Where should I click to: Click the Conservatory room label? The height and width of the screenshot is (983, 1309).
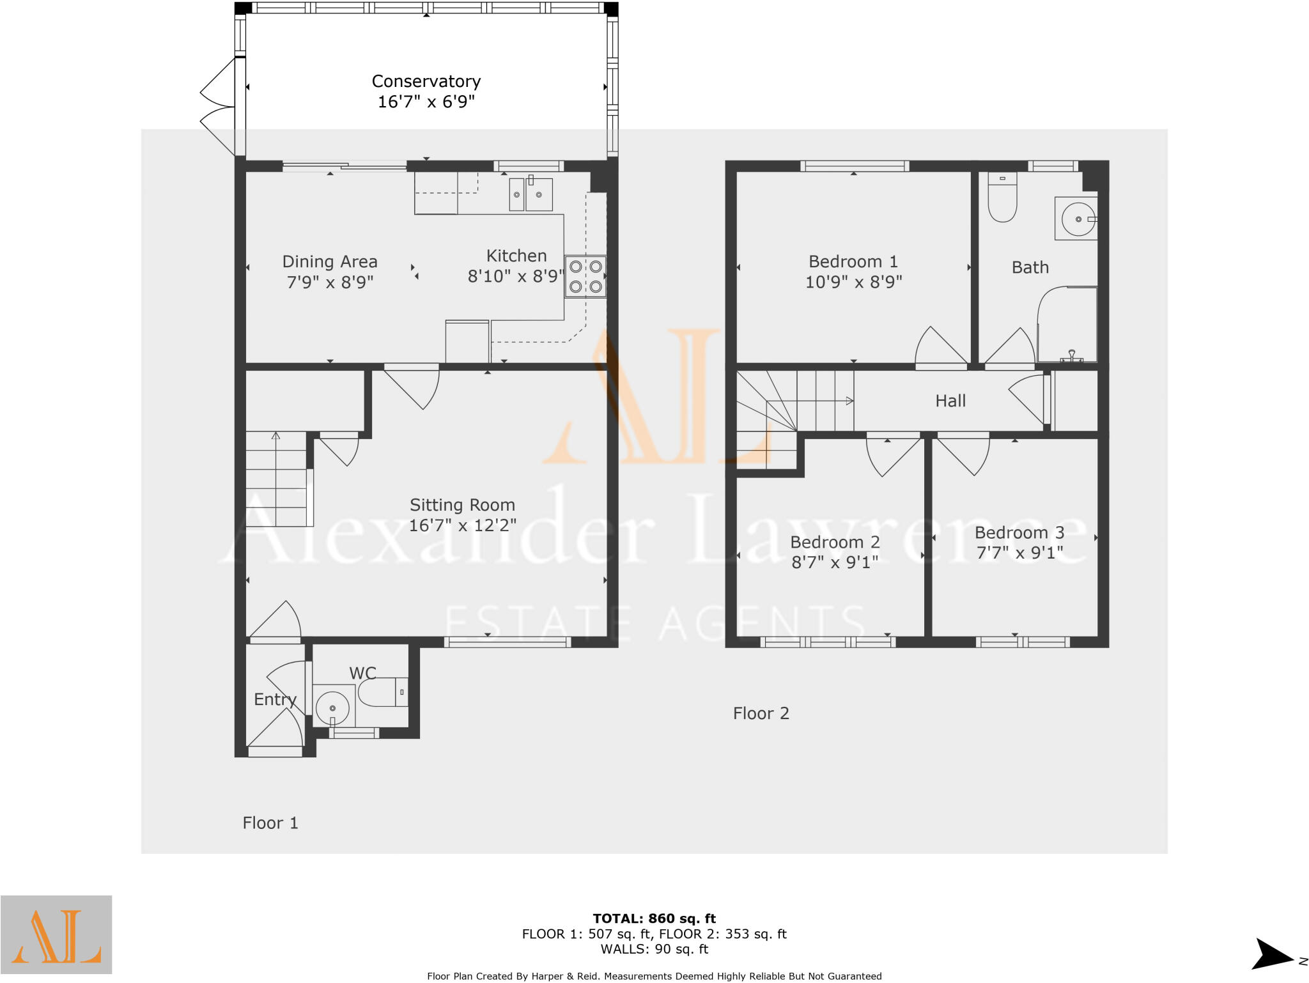point(426,82)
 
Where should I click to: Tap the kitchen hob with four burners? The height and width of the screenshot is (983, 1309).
point(585,276)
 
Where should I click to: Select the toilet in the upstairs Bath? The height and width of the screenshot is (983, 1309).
point(1002,197)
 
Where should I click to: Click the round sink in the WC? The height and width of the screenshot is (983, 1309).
point(333,708)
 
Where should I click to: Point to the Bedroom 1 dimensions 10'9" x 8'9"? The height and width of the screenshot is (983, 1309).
point(853,282)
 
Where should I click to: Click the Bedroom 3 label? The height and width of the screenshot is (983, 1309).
point(1019,532)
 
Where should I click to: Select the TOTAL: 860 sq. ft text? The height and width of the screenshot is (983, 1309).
point(654,919)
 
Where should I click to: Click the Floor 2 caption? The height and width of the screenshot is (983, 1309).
point(761,713)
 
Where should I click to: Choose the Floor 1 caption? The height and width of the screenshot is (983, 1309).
point(270,823)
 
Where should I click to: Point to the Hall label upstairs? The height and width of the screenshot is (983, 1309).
point(950,401)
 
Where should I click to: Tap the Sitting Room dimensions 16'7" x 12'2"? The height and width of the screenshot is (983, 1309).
point(462,525)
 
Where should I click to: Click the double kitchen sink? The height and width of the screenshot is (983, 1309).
point(531,194)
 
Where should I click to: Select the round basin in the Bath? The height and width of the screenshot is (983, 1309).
point(1078,219)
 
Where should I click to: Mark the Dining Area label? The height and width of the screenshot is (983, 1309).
point(330,261)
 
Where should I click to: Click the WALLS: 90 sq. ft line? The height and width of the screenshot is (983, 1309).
point(654,949)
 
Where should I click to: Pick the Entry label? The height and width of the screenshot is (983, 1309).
point(275,699)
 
